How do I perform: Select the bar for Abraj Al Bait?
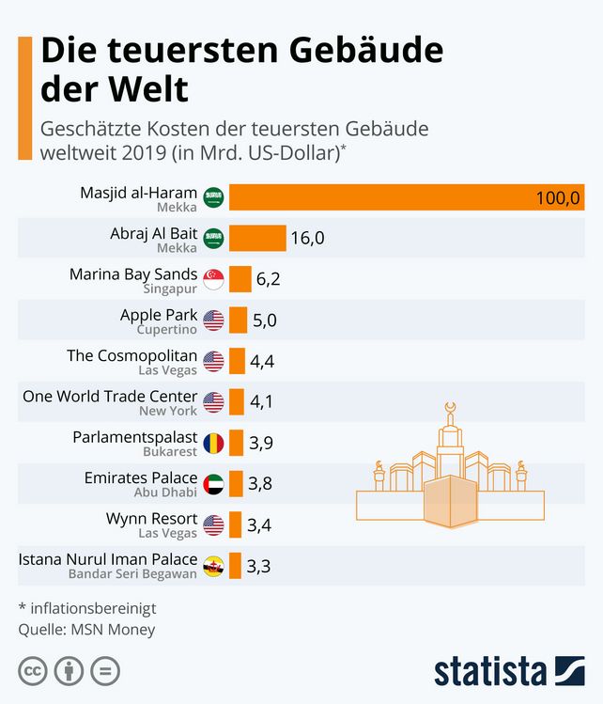(257, 238)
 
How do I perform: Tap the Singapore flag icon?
(214, 279)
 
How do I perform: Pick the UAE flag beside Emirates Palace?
(214, 483)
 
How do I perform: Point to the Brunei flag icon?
(214, 565)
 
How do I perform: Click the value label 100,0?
(559, 198)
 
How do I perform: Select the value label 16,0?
(307, 239)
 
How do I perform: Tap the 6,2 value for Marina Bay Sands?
(269, 280)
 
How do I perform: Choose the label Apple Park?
(159, 315)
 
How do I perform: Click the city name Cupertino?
(167, 330)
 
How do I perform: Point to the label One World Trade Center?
(110, 397)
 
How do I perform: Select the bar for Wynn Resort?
(236, 524)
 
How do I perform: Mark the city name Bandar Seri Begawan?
(132, 573)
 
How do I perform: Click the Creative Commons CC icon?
(33, 672)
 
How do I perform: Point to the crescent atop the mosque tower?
(451, 407)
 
